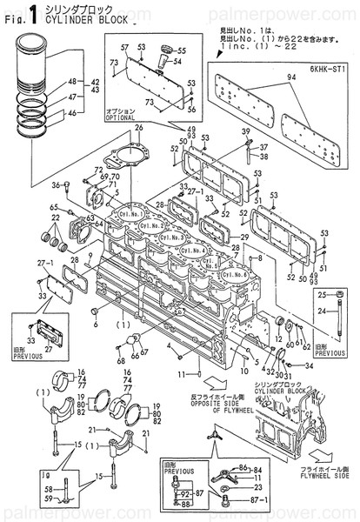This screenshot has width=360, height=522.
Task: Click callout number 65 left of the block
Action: [x=53, y=207]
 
